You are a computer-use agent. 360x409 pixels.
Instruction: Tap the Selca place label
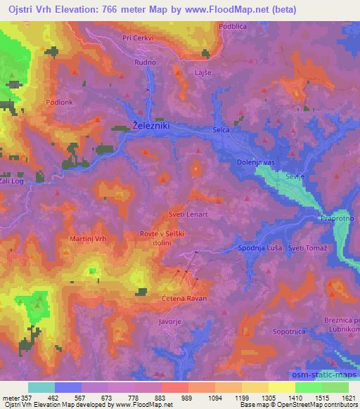pyautogui.click(x=221, y=131)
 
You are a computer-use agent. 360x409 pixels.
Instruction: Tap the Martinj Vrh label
pyautogui.click(x=89, y=240)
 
